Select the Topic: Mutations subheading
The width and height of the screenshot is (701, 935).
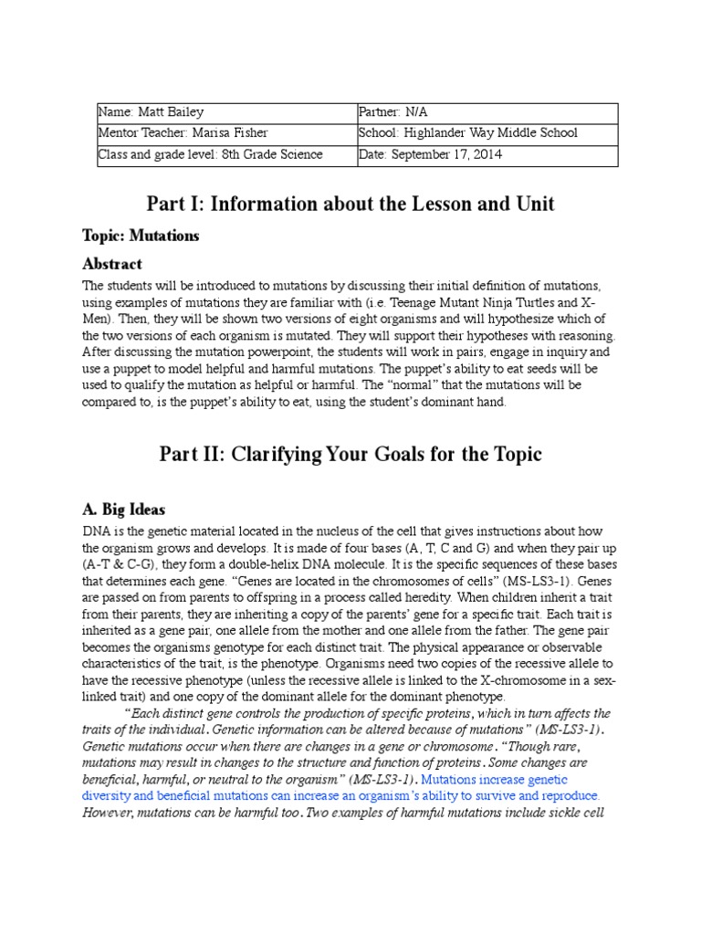click(x=141, y=236)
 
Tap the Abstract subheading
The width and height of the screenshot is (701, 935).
click(x=112, y=264)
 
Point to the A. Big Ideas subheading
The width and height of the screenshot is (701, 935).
click(x=124, y=509)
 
